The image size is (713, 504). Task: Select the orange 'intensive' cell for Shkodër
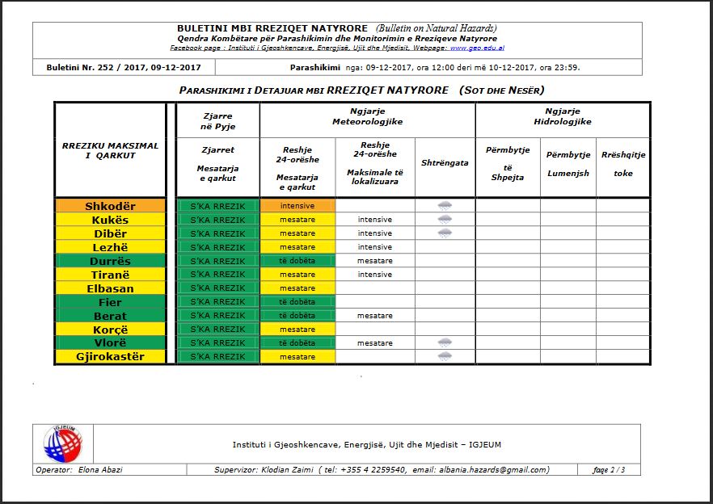coord(297,206)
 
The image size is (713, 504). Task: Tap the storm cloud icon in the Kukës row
coord(445,220)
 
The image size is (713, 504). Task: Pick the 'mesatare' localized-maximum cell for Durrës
coord(374,261)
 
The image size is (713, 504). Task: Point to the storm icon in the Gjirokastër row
coord(445,356)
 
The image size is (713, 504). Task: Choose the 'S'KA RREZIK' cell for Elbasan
coord(217,288)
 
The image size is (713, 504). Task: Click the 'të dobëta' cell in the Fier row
coord(297,302)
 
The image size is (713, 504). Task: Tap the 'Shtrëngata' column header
coord(445,162)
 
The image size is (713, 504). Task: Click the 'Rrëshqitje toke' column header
coord(623,163)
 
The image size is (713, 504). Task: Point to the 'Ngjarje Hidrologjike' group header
coord(563,116)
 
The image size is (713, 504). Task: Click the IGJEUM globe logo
coord(62,444)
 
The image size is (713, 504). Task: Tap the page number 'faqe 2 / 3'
coord(609,470)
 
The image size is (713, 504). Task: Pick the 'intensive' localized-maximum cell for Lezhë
coord(374,247)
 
